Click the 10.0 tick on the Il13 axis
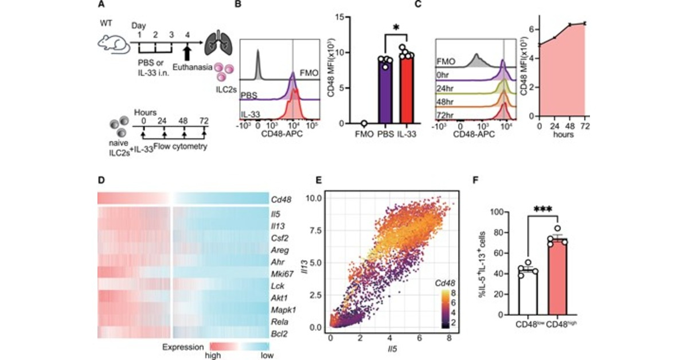point(317,198)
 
